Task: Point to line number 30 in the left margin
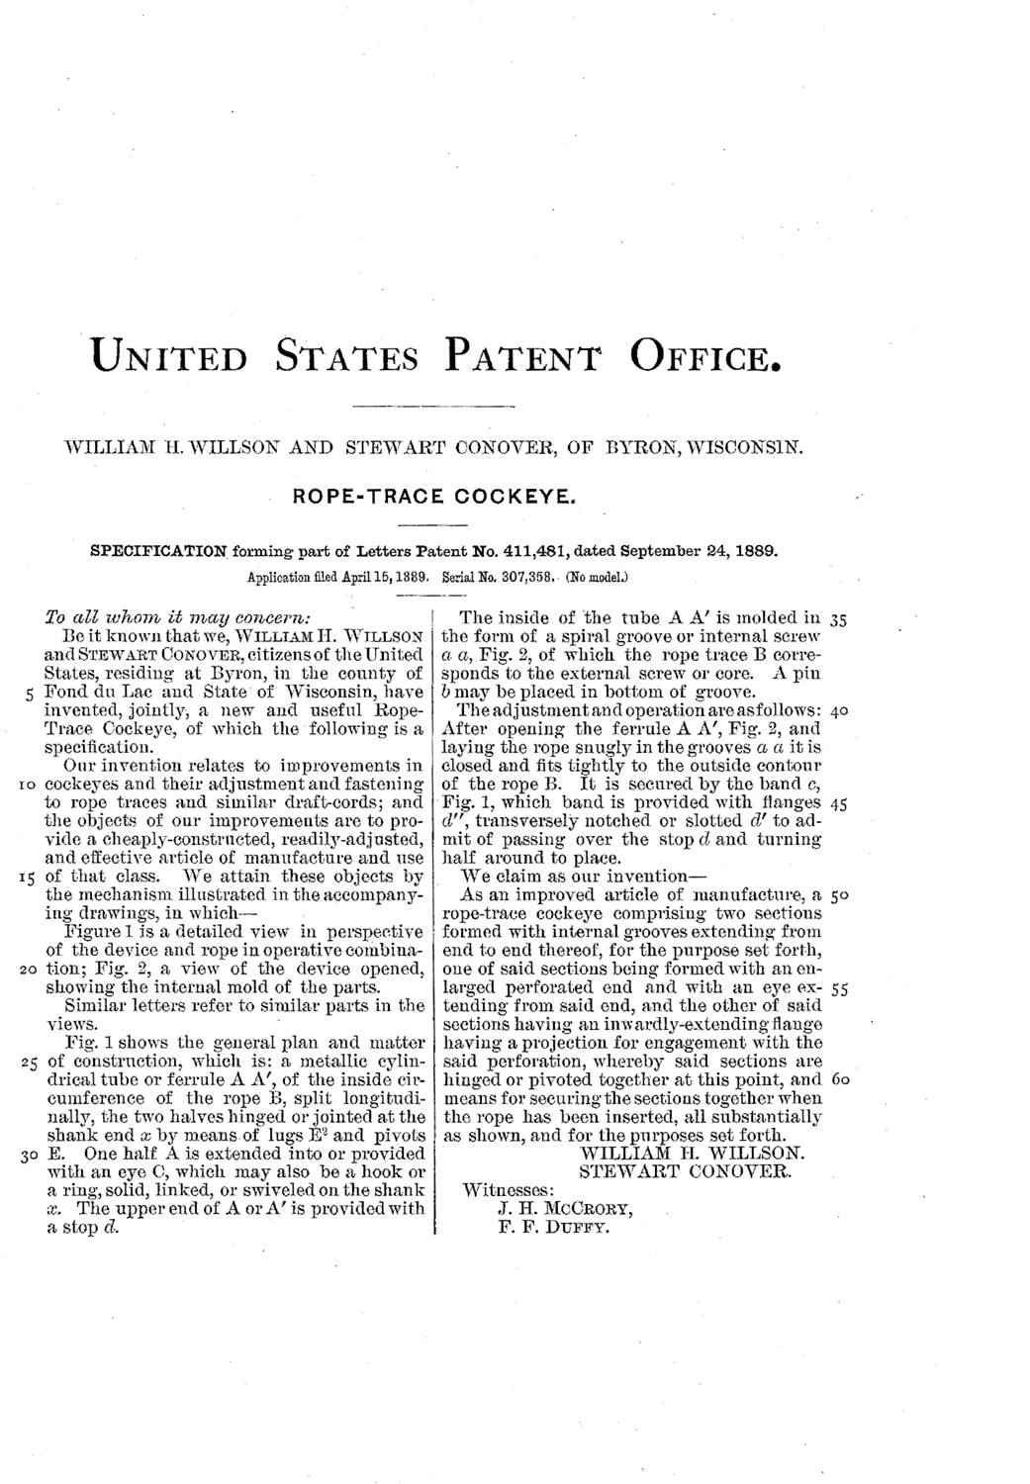[x=27, y=1154]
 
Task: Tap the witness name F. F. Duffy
[x=553, y=1228]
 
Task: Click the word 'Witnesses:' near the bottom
[x=509, y=1190]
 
